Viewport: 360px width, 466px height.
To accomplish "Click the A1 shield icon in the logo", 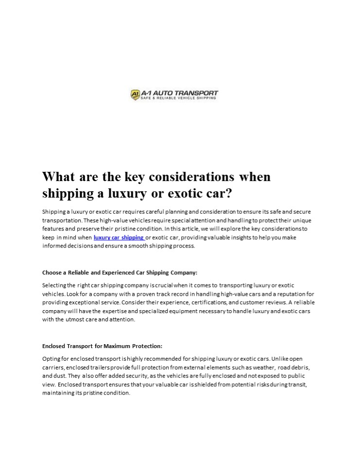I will click(x=136, y=95).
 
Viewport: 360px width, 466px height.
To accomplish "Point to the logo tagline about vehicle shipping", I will click(x=179, y=99).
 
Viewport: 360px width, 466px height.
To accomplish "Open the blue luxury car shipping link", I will click(x=119, y=237).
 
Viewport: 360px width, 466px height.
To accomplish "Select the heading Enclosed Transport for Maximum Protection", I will click(x=102, y=346).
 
